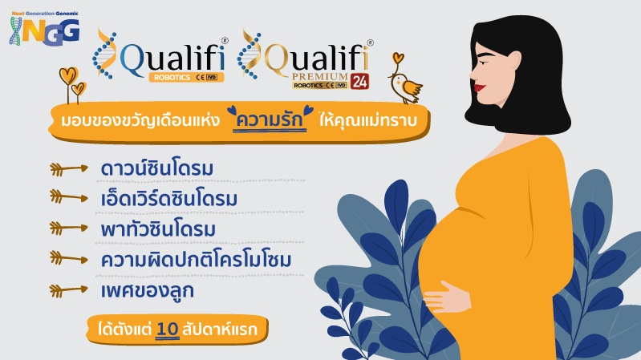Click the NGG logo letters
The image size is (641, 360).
click(x=51, y=31)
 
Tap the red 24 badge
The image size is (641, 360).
click(x=359, y=81)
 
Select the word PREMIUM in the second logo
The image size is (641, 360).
click(x=319, y=76)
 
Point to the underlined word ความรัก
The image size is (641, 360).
click(x=270, y=120)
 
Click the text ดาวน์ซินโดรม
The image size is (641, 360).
click(x=157, y=168)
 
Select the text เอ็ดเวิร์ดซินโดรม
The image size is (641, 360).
click(x=168, y=199)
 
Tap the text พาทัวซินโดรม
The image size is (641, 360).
click(x=158, y=229)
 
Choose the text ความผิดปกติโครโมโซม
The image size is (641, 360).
click(x=196, y=260)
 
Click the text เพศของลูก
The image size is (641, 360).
click(x=147, y=290)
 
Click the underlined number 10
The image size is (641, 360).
click(x=168, y=330)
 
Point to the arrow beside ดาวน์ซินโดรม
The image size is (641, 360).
click(x=69, y=168)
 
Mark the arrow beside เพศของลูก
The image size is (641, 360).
click(x=69, y=290)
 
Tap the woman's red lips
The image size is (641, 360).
click(x=480, y=87)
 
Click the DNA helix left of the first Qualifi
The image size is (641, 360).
click(x=104, y=54)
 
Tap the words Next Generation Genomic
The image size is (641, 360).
click(x=45, y=14)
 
